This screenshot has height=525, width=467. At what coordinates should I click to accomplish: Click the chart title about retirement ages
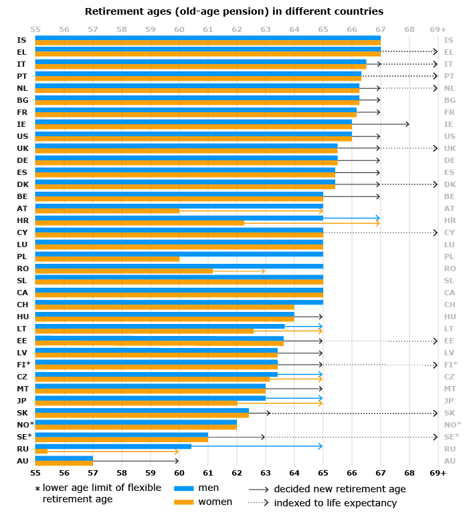click(x=233, y=11)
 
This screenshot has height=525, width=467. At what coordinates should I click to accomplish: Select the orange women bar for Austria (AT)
click(x=107, y=211)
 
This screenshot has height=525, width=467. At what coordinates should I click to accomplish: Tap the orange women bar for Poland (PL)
click(x=107, y=259)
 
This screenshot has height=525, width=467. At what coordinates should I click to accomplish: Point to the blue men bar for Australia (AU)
click(x=64, y=458)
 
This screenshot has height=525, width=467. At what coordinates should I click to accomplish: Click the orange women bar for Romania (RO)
click(x=124, y=271)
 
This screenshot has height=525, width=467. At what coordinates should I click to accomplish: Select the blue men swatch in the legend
click(x=184, y=488)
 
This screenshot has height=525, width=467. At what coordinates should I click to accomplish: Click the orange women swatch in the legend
click(x=184, y=502)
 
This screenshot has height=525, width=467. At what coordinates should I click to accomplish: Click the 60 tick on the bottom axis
click(x=179, y=472)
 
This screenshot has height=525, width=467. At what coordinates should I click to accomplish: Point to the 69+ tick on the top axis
click(x=438, y=29)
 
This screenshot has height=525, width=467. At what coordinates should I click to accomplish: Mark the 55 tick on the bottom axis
click(x=35, y=472)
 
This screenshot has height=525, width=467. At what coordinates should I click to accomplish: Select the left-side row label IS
click(x=22, y=40)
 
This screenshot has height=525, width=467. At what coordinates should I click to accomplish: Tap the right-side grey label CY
click(x=449, y=232)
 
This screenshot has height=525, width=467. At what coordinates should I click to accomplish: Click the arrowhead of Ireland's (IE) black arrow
click(x=407, y=124)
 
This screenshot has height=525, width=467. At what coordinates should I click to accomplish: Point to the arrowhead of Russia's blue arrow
click(x=320, y=446)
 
